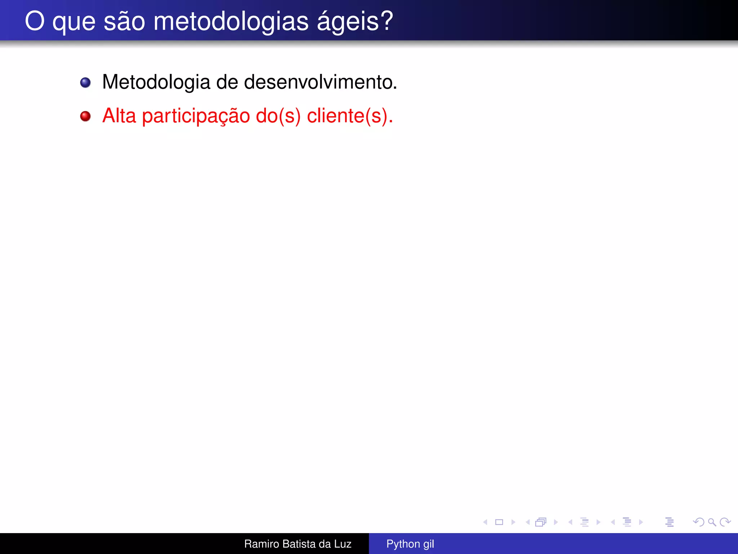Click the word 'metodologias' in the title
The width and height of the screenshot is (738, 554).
pos(231,22)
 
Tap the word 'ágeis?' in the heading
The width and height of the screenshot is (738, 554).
pos(355,22)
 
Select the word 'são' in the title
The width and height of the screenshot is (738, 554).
pos(124,22)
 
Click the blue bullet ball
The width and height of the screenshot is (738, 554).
pos(85,83)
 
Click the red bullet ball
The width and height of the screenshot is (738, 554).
pos(85,116)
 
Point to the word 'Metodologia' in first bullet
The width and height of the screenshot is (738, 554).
pos(156,82)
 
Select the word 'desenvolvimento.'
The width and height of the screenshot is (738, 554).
pos(320,82)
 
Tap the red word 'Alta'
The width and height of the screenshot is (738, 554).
pos(119,116)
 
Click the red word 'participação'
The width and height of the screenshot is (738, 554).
pos(196,116)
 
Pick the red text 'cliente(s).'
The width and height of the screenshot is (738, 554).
pos(350,116)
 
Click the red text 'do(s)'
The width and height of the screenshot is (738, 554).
pos(278,116)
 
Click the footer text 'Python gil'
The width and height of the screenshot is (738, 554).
pos(410,544)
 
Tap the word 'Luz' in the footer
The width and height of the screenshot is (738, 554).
pos(342,544)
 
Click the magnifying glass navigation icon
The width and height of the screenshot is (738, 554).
pos(712,522)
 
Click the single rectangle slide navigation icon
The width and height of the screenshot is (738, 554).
pos(499,522)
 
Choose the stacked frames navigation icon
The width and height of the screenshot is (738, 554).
pos(541,522)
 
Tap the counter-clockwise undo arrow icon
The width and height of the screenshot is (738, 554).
pos(698,522)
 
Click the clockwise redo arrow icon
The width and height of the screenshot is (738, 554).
pos(725,522)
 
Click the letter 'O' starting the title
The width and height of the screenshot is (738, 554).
pos(35,21)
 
